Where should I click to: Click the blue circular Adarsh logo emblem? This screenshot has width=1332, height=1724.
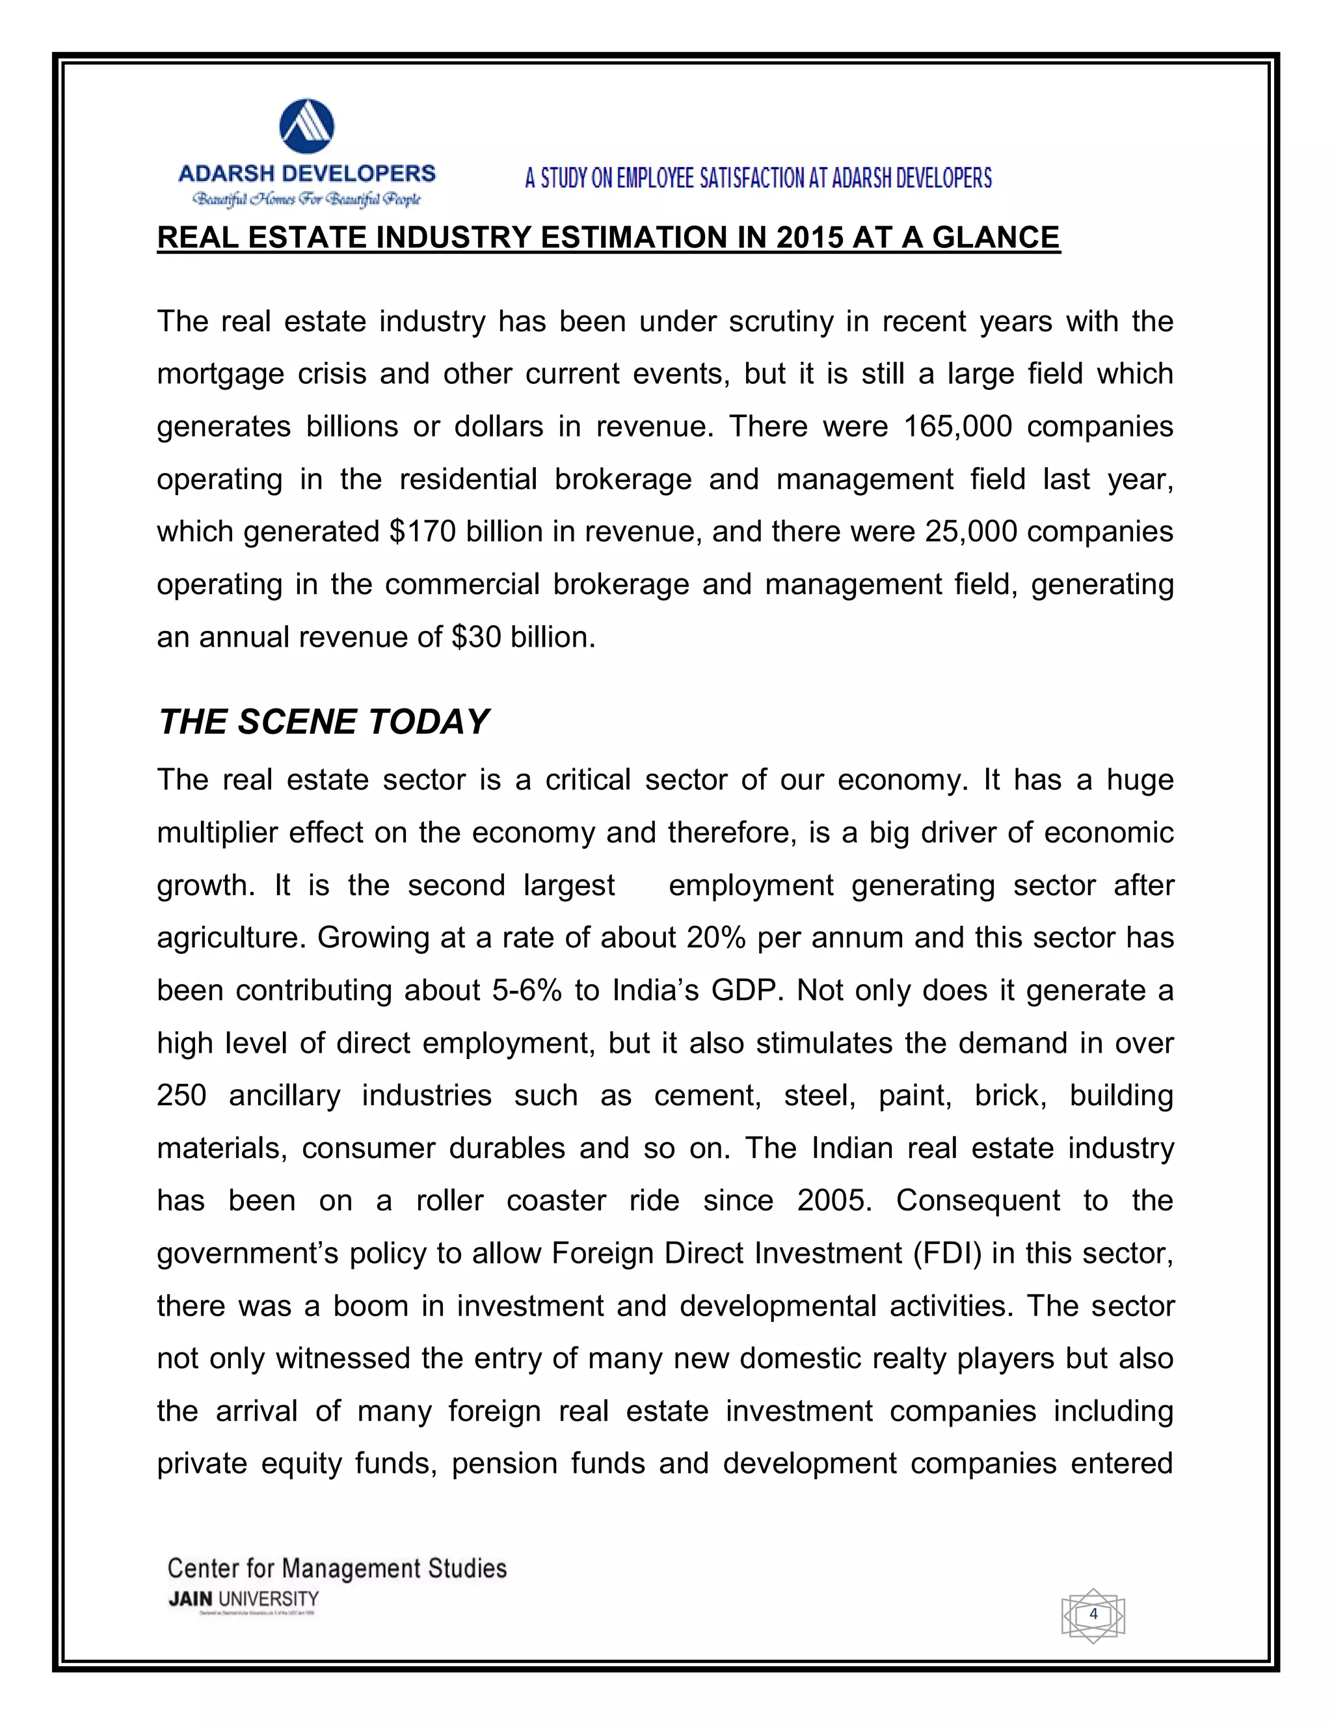[307, 126]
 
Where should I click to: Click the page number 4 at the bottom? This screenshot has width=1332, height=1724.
[1093, 1614]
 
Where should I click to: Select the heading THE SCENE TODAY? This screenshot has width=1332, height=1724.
[323, 721]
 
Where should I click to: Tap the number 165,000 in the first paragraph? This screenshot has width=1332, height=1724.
[957, 426]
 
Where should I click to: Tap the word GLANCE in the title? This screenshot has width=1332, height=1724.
[996, 237]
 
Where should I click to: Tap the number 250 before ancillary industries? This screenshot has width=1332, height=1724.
[181, 1096]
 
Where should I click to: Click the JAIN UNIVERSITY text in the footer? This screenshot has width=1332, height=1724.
[243, 1599]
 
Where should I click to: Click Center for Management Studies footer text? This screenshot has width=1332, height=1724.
[337, 1568]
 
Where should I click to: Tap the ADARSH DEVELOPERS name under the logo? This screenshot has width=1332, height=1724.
[307, 174]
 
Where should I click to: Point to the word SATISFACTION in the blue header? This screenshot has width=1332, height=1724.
[747, 178]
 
